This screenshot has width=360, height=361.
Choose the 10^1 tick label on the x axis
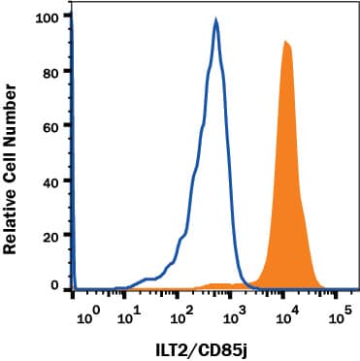(x=130, y=315)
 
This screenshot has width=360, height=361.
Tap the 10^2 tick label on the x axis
(x=180, y=315)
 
